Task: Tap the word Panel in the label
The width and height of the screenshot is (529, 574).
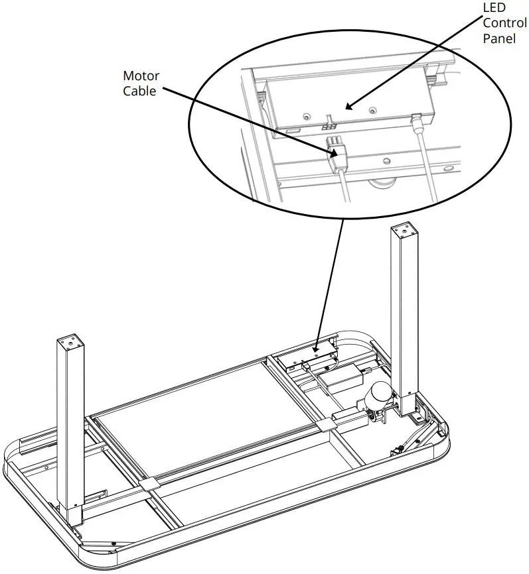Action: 498,38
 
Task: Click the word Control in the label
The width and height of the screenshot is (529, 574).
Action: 504,24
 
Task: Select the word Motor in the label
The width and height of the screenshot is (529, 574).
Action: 141,77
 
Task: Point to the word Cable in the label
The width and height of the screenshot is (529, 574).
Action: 139,91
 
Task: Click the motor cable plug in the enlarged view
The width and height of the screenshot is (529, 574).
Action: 337,152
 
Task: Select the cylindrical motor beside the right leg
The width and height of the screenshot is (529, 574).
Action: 380,396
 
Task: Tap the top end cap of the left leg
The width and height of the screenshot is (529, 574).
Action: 71,343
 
